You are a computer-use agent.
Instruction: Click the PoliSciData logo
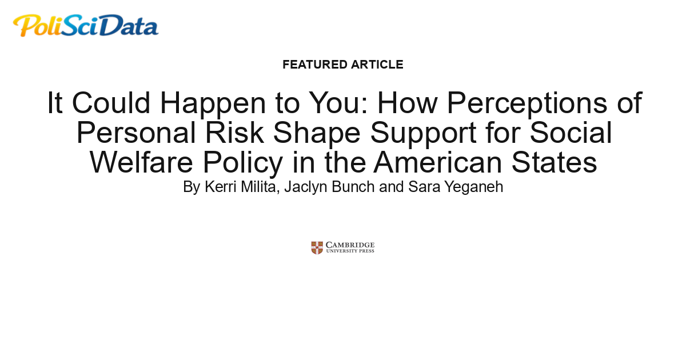click(86, 26)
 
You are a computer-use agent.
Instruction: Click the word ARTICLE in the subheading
click(377, 65)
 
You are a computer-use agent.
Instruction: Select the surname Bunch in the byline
click(357, 187)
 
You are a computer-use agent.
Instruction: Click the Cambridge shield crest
click(317, 247)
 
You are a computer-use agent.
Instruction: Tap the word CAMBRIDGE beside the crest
click(350, 245)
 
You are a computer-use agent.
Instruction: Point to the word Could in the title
click(111, 103)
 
